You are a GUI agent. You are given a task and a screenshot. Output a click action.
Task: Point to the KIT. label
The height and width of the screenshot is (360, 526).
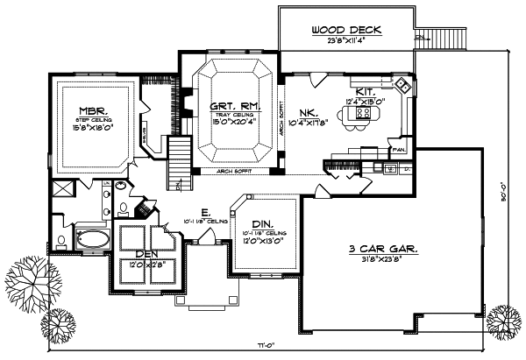tap(366, 90)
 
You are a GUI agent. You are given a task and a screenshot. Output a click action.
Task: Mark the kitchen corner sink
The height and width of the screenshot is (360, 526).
tap(402, 88)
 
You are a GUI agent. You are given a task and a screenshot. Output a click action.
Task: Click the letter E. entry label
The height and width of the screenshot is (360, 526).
tap(203, 211)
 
